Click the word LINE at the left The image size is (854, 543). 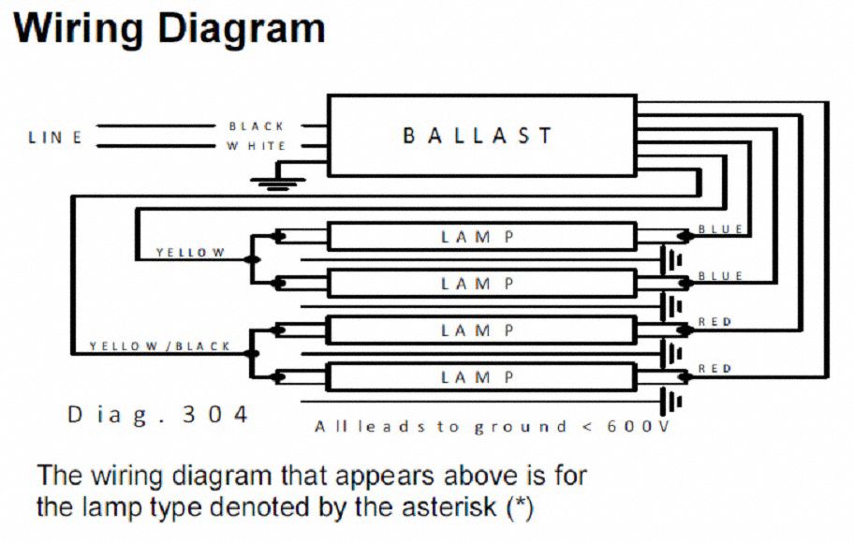(55, 138)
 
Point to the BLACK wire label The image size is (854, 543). (257, 125)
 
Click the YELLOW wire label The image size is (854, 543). (190, 253)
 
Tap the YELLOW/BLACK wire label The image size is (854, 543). (159, 346)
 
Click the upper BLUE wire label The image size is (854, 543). (720, 229)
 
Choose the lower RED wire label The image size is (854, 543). (714, 369)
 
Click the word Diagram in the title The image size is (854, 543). (241, 29)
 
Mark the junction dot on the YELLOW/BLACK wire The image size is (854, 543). (251, 354)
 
